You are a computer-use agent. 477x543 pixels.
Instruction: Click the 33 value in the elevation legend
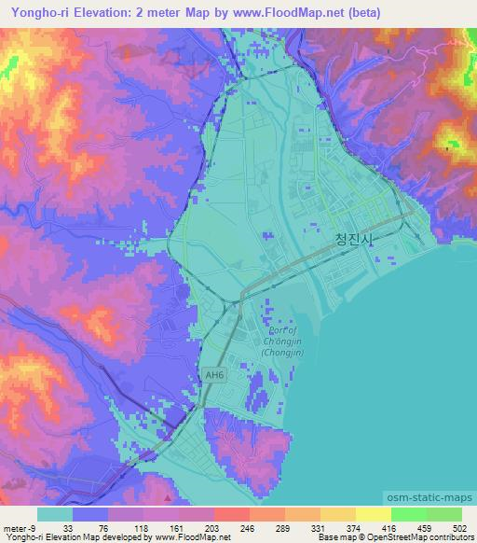point(68,528)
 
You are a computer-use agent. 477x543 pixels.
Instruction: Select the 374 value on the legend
point(355,528)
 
